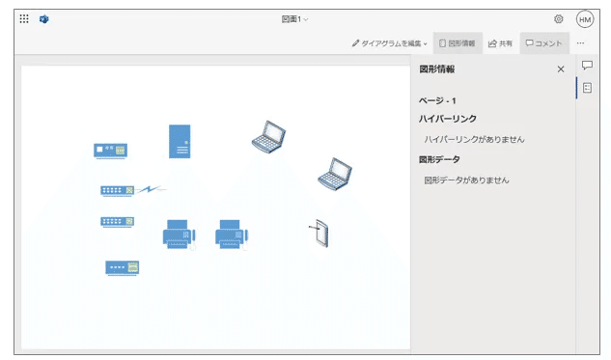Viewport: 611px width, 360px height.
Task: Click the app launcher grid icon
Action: pos(24,19)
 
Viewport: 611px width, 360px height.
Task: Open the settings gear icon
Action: pos(559,19)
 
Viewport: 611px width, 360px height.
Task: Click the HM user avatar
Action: pos(585,19)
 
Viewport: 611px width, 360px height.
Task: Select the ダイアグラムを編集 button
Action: pos(389,43)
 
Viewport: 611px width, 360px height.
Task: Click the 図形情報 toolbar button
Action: pos(457,43)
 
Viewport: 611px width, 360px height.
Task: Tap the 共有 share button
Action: pos(500,43)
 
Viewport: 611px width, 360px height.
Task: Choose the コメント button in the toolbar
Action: pos(543,43)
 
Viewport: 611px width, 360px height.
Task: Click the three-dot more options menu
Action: pos(580,43)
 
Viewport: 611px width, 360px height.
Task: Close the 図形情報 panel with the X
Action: pos(561,69)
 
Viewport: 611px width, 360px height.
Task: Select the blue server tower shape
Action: pos(179,141)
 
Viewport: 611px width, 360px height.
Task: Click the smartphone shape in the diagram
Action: pos(320,234)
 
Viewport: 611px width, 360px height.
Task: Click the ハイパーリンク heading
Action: pos(447,119)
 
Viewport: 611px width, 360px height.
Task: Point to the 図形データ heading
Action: pos(439,159)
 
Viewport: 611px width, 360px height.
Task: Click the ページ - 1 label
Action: pos(437,100)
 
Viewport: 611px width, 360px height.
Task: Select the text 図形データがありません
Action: pos(466,180)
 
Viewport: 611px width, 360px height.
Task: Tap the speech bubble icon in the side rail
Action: pos(587,66)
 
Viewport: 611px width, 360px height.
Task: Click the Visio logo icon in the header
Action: pos(44,19)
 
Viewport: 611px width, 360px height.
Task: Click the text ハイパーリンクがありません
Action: pos(474,139)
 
